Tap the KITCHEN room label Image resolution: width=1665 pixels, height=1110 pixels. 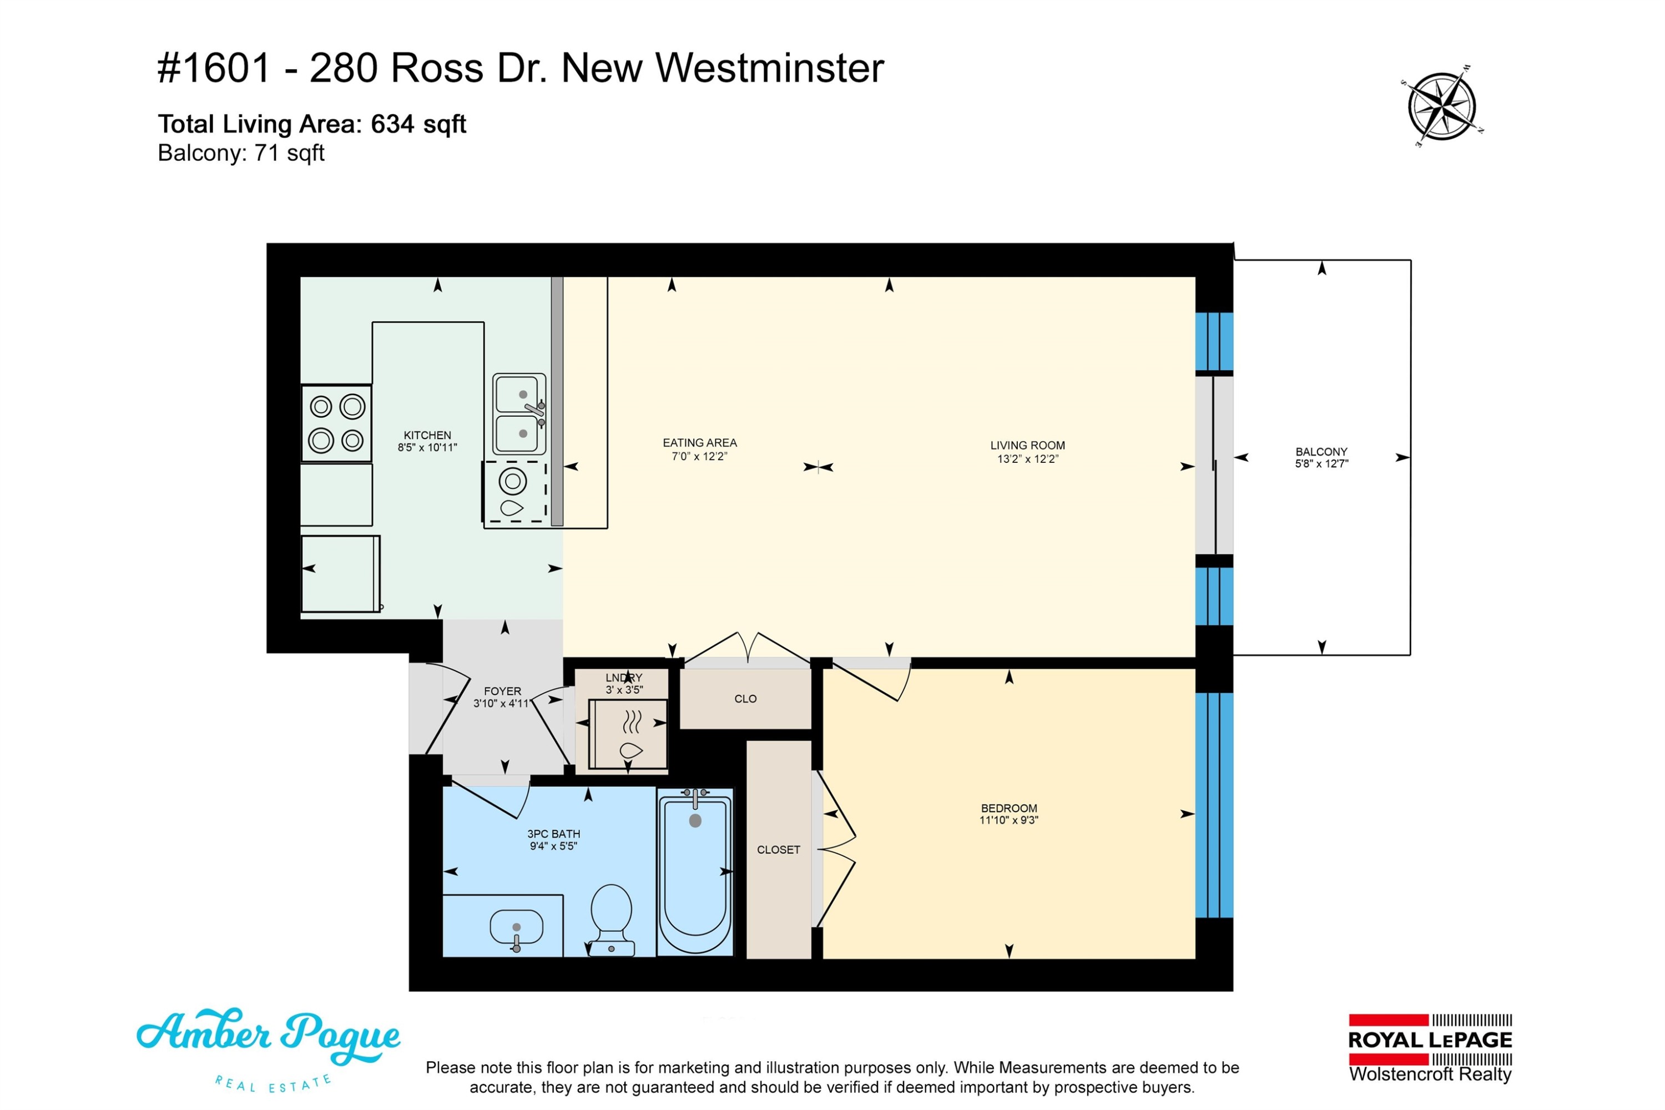pos(427,435)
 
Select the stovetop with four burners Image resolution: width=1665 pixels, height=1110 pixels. pos(336,423)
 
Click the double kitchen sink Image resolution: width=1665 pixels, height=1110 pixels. pos(519,414)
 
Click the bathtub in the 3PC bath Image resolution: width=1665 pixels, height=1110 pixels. pos(695,871)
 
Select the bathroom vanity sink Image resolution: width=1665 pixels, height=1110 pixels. pos(516,929)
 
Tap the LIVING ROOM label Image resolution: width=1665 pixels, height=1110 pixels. pos(1027,445)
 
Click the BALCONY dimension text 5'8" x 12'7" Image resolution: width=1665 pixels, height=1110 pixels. pos(1321,463)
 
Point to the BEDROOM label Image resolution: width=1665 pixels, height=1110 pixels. pos(1009,808)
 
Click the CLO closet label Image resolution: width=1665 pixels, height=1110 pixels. pos(745,699)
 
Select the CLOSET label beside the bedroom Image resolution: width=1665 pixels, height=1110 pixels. pos(779,850)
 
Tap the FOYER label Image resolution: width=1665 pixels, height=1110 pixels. pos(503,691)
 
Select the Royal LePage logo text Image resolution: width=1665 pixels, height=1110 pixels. pos(1430,1040)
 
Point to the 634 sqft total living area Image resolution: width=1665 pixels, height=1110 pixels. pos(418,124)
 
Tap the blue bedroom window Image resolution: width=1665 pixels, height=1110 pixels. pos(1214,805)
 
